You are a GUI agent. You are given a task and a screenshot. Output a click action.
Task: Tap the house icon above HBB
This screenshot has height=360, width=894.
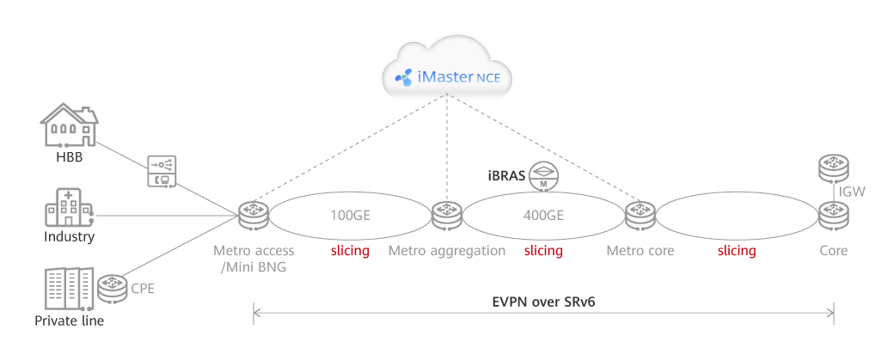[x=69, y=127]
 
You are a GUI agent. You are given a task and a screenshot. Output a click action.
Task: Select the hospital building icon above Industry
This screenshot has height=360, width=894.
[x=68, y=208]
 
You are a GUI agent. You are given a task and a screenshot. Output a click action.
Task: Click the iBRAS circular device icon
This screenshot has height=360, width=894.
[x=543, y=175]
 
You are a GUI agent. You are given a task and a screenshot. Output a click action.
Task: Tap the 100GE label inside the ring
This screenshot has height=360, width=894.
[x=349, y=214]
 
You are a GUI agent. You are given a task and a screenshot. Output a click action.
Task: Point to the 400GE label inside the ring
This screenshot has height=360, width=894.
[x=543, y=214]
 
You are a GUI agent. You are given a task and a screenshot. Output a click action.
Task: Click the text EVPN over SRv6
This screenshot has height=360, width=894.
[x=543, y=302]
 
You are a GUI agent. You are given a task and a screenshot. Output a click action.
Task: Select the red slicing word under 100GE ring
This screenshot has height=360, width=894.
[x=349, y=251]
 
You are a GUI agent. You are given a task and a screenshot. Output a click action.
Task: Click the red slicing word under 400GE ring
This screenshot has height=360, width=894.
[x=543, y=251]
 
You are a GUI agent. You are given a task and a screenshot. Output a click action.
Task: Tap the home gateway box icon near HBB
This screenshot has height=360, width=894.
[x=163, y=170]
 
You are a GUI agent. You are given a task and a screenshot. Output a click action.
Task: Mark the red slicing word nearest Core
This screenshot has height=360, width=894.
[x=737, y=251]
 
